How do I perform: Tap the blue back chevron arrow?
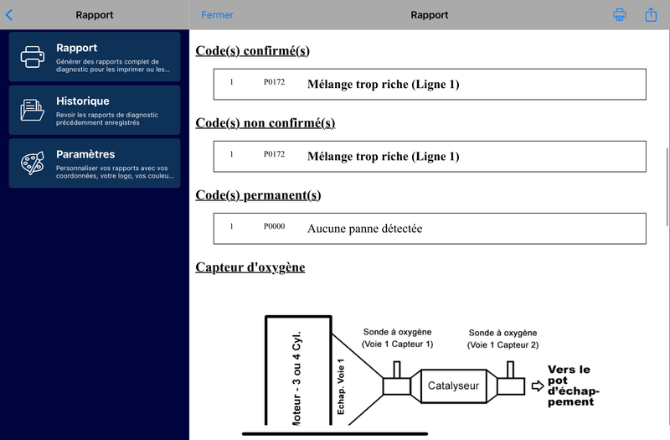pyautogui.click(x=9, y=15)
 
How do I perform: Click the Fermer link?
pyautogui.click(x=217, y=15)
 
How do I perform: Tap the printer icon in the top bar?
pyautogui.click(x=620, y=14)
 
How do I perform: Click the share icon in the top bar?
pyautogui.click(x=651, y=14)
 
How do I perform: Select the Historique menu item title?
pyautogui.click(x=83, y=101)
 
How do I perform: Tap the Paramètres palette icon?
pyautogui.click(x=33, y=163)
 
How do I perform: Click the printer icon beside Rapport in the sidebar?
pyautogui.click(x=33, y=57)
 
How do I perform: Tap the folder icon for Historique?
pyautogui.click(x=33, y=110)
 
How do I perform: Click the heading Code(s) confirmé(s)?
pyautogui.click(x=253, y=51)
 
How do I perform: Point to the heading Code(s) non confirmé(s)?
pyautogui.click(x=265, y=123)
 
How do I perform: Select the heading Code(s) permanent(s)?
pyautogui.click(x=258, y=195)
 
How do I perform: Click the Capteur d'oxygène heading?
pyautogui.click(x=250, y=267)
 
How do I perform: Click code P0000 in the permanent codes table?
pyautogui.click(x=275, y=226)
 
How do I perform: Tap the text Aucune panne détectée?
pyautogui.click(x=365, y=229)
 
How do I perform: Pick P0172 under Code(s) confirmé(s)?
pyautogui.click(x=275, y=81)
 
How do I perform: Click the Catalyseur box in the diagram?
pyautogui.click(x=453, y=386)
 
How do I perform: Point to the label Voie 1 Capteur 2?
pyautogui.click(x=503, y=345)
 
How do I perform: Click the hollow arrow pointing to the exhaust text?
pyautogui.click(x=538, y=386)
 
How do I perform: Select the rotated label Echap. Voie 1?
pyautogui.click(x=341, y=386)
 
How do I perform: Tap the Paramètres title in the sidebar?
pyautogui.click(x=85, y=154)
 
